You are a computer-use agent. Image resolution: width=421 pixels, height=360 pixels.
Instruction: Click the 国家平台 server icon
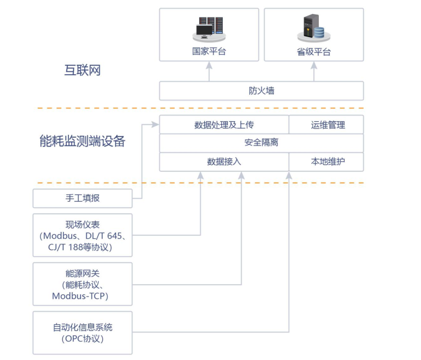tap(209, 29)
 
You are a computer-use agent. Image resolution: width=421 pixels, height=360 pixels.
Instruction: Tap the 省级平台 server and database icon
tap(313, 29)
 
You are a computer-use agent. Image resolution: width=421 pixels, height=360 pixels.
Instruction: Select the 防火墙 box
tap(262, 90)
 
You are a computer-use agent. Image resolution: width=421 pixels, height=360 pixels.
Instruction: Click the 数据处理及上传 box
tap(224, 125)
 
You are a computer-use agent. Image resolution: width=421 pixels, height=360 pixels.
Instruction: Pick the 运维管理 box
tap(327, 125)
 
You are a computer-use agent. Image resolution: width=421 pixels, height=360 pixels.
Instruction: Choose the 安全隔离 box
tap(262, 143)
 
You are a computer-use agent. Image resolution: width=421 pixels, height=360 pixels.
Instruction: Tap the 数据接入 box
tap(224, 162)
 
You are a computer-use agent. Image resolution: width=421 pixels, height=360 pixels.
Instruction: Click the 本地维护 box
tap(327, 162)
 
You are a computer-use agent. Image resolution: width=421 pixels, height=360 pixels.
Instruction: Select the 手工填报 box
tap(83, 198)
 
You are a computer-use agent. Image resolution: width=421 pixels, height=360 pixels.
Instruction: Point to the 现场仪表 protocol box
tap(83, 235)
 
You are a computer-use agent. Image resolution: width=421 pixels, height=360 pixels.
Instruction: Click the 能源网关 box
tap(83, 284)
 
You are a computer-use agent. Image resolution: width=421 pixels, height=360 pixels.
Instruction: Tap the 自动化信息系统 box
tap(83, 332)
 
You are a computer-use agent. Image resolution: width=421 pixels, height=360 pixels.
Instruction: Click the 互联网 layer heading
tap(82, 71)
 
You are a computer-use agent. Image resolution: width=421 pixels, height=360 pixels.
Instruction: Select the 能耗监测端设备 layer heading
tap(82, 141)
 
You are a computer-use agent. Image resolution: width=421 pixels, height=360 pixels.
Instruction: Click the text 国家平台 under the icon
tap(209, 52)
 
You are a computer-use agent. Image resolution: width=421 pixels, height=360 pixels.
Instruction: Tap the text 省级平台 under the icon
tap(314, 52)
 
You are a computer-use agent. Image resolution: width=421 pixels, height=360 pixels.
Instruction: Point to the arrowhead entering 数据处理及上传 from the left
tap(156, 125)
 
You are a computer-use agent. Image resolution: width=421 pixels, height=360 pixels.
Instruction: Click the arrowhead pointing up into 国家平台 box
tap(209, 65)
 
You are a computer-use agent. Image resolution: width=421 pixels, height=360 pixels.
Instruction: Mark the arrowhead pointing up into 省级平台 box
tap(314, 65)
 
